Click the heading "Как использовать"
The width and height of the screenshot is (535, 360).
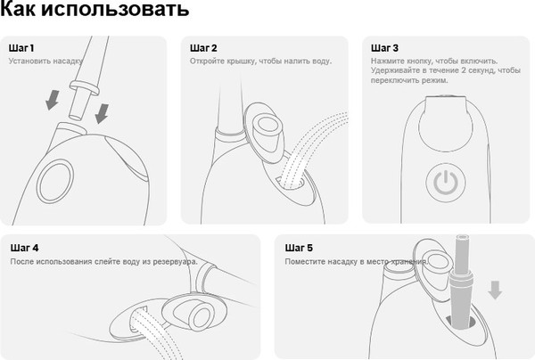click(95, 8)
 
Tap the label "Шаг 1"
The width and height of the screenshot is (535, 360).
click(21, 48)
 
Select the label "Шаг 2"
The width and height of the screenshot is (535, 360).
click(203, 48)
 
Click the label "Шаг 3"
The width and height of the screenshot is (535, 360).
click(384, 48)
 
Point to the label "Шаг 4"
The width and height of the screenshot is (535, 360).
click(24, 248)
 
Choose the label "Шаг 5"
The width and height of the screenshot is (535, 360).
click(299, 248)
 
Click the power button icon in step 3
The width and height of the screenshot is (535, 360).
click(446, 183)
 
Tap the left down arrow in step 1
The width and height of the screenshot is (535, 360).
click(53, 100)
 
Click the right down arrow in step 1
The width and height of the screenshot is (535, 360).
click(102, 113)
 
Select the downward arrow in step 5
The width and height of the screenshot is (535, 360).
click(495, 290)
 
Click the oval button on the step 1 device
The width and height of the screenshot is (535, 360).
click(55, 182)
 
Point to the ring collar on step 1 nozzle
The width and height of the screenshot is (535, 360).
click(85, 88)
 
